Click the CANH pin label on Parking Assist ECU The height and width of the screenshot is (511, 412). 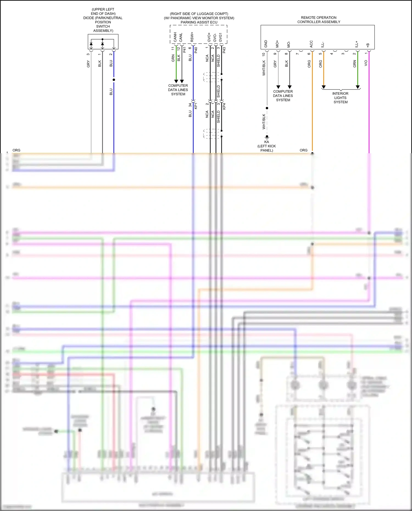[175, 37]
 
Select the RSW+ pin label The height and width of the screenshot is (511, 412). [192, 37]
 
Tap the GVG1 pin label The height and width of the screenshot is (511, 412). [220, 37]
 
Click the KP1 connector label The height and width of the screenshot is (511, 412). [196, 106]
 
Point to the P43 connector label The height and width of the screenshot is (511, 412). [224, 50]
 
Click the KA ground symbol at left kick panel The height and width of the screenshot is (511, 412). [267, 137]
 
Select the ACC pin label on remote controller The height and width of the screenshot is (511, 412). [311, 44]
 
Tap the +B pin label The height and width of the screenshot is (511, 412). [368, 45]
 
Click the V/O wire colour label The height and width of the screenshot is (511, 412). [366, 63]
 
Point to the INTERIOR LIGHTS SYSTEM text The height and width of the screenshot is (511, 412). [340, 98]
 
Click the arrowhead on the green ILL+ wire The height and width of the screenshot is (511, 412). [358, 87]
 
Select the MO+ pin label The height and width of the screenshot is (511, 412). [277, 44]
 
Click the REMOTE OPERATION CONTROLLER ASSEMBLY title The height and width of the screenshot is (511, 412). [319, 19]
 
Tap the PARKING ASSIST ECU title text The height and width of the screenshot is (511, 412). [199, 22]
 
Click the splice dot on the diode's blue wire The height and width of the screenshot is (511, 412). [114, 80]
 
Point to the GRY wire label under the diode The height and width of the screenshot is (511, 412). [88, 64]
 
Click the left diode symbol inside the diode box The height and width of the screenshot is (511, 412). [91, 44]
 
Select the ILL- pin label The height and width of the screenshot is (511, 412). [323, 44]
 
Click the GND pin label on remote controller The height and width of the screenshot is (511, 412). [266, 44]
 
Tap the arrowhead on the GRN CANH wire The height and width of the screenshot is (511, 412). [176, 81]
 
